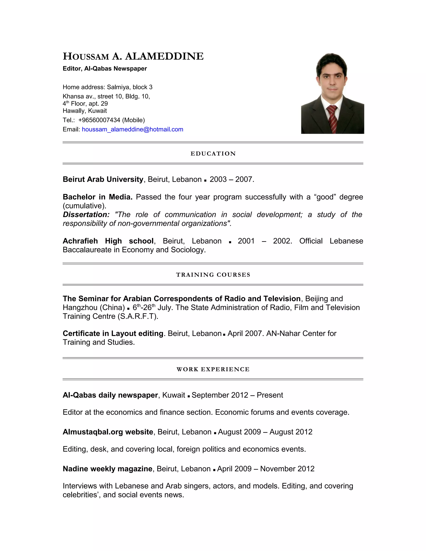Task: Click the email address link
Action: click(x=133, y=129)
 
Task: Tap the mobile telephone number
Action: click(x=99, y=120)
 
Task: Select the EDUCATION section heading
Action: click(x=213, y=154)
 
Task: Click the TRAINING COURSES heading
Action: click(x=213, y=275)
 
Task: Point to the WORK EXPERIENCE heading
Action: click(x=213, y=369)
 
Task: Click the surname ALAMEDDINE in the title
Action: click(x=164, y=56)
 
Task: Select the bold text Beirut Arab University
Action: click(x=103, y=179)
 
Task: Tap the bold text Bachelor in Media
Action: click(x=97, y=197)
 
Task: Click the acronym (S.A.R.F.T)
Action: click(x=138, y=316)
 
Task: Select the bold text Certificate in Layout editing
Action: click(x=113, y=334)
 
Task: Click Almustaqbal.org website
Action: click(x=108, y=432)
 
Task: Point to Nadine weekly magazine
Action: click(x=108, y=469)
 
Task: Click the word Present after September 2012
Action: click(x=270, y=395)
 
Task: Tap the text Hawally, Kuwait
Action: click(x=85, y=111)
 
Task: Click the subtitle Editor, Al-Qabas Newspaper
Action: click(x=105, y=69)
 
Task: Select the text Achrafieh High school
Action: click(x=108, y=241)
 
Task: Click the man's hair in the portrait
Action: click(x=331, y=61)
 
